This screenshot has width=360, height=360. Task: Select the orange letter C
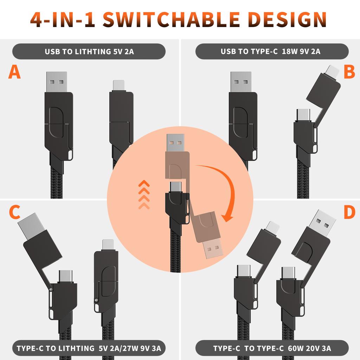pyautogui.click(x=14, y=212)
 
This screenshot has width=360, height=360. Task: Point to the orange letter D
pyautogui.click(x=349, y=212)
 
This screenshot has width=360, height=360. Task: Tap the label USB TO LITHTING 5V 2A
pyautogui.click(x=89, y=51)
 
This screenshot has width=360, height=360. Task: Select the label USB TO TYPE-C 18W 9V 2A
pyautogui.click(x=270, y=51)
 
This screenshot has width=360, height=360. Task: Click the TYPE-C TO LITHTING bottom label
pyautogui.click(x=89, y=348)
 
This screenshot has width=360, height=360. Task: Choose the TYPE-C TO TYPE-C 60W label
pyautogui.click(x=272, y=348)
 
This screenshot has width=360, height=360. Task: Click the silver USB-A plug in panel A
pyautogui.click(x=56, y=82)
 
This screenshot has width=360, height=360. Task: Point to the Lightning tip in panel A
pyautogui.click(x=118, y=85)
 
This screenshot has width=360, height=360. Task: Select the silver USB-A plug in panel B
pyautogui.click(x=241, y=82)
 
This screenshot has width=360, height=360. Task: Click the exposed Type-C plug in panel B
pyautogui.click(x=303, y=114)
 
